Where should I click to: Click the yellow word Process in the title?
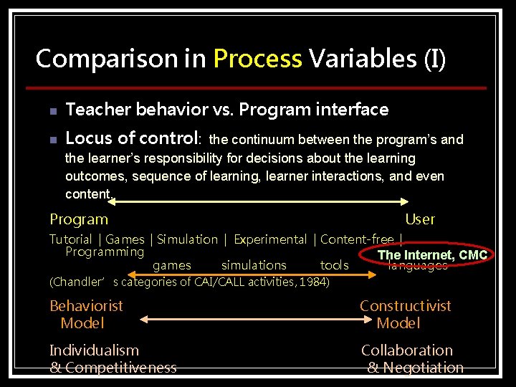pos(257,59)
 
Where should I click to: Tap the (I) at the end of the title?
pos(434,59)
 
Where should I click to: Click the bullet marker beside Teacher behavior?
pos(53,111)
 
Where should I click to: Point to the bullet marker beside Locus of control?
pos(53,139)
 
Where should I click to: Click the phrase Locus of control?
pos(133,138)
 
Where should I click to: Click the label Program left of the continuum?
pos(79,219)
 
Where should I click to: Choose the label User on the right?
pos(420,219)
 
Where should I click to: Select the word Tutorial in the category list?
pos(71,239)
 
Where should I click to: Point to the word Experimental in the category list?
pos(270,239)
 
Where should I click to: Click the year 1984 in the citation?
pos(313,282)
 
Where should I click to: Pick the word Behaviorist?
pos(86,306)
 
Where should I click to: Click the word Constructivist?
pos(406,306)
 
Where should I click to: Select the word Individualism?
pos(94,350)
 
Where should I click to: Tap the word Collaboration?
pos(407,350)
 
